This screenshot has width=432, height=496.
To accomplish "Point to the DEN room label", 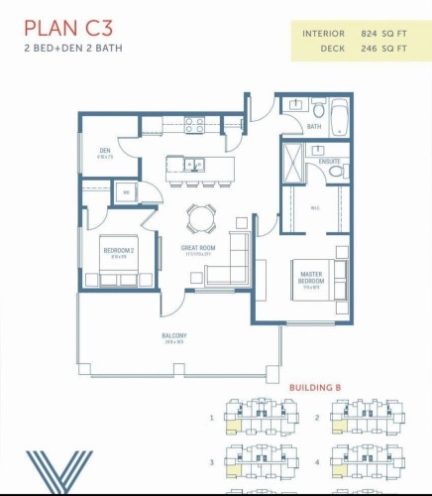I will tap(104, 153).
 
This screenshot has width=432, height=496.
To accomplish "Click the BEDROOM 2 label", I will tap(117, 251).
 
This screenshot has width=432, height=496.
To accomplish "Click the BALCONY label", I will tap(174, 336).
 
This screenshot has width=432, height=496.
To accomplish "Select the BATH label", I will tap(314, 127).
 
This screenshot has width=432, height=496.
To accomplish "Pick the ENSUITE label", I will tap(328, 161).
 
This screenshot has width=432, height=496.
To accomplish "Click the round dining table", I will tap(200, 215).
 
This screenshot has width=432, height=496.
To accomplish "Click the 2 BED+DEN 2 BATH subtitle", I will tap(72, 48).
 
